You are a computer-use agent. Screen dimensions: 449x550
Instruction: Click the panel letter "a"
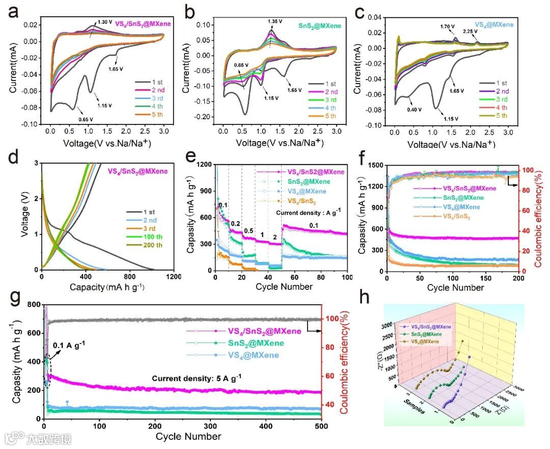pyautogui.click(x=12, y=12)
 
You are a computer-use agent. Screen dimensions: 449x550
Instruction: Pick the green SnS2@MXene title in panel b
pyautogui.click(x=314, y=24)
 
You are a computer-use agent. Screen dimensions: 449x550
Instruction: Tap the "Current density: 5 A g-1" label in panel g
pyautogui.click(x=196, y=378)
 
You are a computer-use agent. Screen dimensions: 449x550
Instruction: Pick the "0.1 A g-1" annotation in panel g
pyautogui.click(x=69, y=345)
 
